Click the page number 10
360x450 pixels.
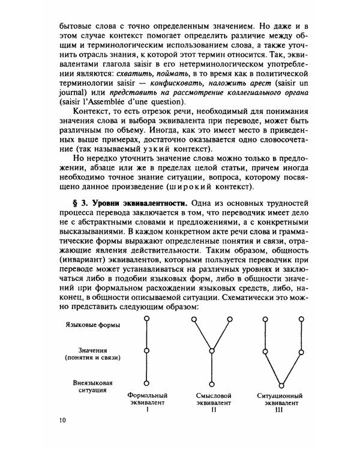pos(63,419)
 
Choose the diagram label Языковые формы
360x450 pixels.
pos(93,325)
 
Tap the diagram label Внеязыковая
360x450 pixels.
pos(93,382)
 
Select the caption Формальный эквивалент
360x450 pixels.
pos(147,400)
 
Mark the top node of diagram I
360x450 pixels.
pos(146,319)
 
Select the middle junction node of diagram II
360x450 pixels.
pos(212,351)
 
